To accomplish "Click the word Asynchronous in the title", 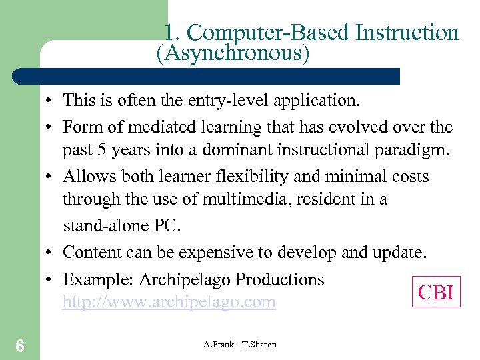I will pyautogui.click(x=233, y=53).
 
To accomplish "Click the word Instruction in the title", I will pyautogui.click(x=405, y=33).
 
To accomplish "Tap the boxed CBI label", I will pyautogui.click(x=436, y=292).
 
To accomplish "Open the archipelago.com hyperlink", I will pyautogui.click(x=169, y=302).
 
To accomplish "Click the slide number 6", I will pyautogui.click(x=20, y=345).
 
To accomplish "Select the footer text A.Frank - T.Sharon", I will pyautogui.click(x=239, y=344).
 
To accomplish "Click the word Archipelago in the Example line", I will pyautogui.click(x=180, y=279).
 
